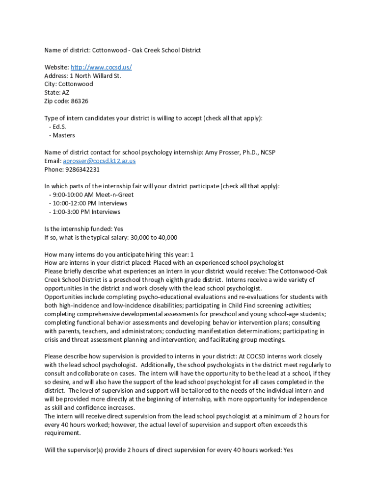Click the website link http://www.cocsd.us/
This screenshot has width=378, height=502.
(x=101, y=67)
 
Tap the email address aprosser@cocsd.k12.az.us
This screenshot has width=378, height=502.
(x=99, y=161)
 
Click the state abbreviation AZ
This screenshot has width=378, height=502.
(x=65, y=93)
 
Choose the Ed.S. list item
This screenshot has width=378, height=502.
(x=59, y=126)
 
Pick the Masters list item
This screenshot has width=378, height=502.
(x=64, y=135)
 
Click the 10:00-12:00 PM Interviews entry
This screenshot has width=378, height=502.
(x=90, y=203)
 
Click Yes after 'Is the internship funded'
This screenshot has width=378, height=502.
(x=118, y=229)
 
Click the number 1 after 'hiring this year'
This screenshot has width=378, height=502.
(x=192, y=254)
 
